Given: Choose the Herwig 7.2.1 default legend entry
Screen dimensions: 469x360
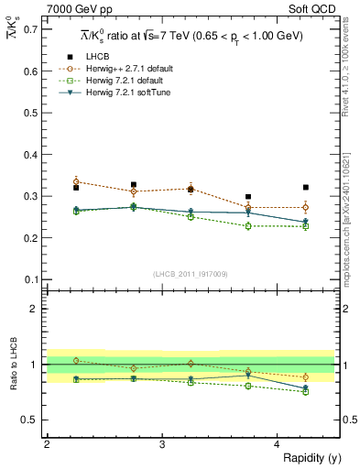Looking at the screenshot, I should click(126, 81).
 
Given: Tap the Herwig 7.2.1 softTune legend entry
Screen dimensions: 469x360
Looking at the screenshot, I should click(129, 93).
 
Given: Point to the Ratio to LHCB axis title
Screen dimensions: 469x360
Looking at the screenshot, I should click(14, 385).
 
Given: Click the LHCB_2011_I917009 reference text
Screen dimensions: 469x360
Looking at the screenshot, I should click(191, 274).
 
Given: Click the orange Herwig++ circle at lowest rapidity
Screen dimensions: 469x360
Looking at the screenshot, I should click(76, 181).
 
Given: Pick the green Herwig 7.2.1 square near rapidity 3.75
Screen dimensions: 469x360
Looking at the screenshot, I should click(248, 225).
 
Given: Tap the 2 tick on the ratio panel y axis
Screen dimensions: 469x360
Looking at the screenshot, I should click(35, 309).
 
